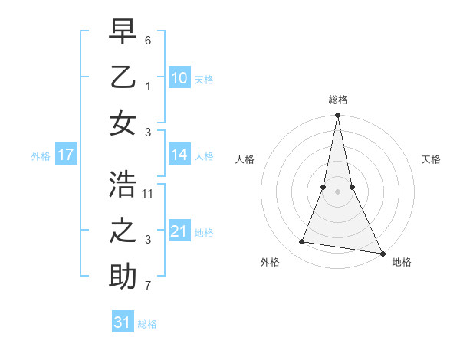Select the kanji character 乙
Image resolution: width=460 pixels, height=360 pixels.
[123, 78]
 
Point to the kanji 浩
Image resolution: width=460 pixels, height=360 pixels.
[123, 185]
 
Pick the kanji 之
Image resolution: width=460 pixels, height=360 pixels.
[123, 231]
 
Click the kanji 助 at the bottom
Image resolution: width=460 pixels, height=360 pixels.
[123, 276]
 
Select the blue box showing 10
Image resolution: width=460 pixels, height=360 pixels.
[179, 78]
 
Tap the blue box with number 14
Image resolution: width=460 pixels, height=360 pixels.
[179, 155]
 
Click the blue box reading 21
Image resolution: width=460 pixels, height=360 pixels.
[179, 231]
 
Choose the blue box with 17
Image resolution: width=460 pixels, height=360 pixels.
[66, 155]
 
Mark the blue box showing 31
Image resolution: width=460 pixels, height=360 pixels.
[123, 322]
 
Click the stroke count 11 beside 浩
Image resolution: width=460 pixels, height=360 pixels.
[148, 193]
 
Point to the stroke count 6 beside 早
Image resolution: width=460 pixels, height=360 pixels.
[148, 39]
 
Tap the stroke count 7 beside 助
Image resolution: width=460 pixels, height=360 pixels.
[148, 287]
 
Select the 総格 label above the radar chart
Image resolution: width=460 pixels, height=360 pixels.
[337, 100]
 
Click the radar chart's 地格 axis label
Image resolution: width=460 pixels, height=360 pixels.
[402, 262]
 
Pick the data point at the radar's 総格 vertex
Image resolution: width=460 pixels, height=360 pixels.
[337, 115]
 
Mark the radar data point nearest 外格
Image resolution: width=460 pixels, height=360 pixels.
[302, 242]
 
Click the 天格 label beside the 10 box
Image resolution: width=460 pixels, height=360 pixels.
[204, 79]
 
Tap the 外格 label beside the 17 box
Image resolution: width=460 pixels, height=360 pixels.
[41, 155]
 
